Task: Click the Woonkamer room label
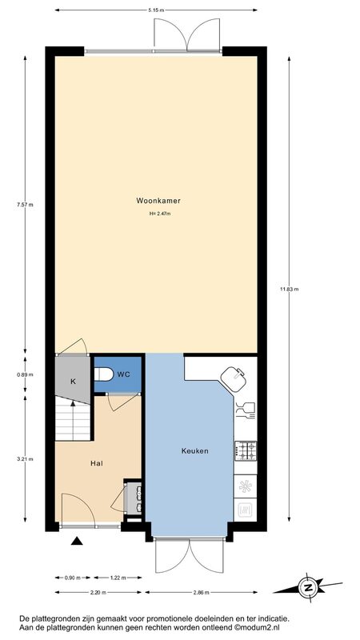click(158, 201)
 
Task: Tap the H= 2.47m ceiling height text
click(160, 214)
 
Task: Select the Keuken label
click(194, 451)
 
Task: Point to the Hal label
click(96, 463)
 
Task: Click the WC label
click(124, 374)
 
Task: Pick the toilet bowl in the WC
click(104, 374)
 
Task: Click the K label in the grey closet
click(73, 382)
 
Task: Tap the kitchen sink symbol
click(234, 378)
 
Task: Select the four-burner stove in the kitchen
click(246, 450)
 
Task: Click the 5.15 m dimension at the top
click(156, 10)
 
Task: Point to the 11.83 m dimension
click(290, 290)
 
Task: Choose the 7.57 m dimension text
click(25, 205)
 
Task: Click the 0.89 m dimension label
click(25, 374)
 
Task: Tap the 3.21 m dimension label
click(25, 458)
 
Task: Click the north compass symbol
click(308, 588)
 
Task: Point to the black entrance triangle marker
click(77, 541)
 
